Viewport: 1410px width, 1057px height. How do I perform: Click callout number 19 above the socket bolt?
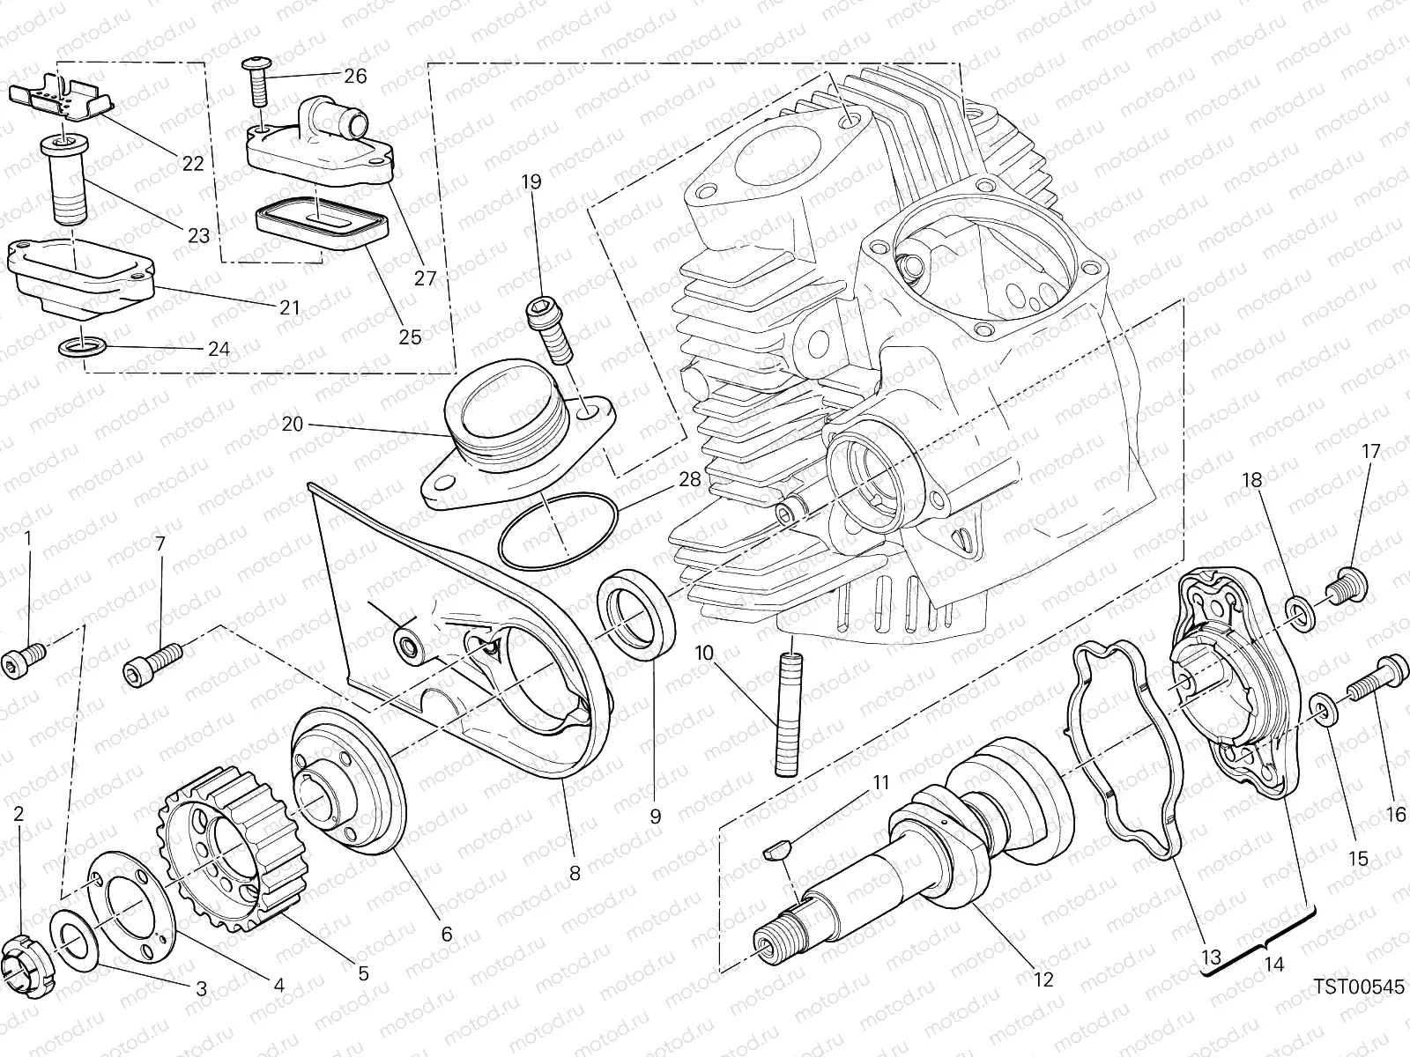531,182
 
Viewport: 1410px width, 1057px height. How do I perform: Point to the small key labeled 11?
776,852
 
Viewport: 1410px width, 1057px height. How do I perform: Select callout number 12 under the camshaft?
1043,979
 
